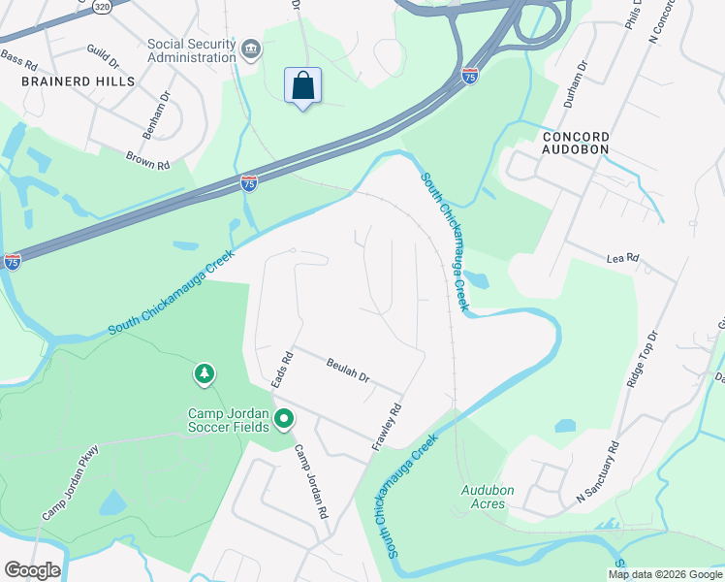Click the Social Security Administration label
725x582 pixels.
[192, 50]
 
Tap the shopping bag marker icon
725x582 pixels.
[302, 85]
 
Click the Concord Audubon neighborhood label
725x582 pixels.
[576, 144]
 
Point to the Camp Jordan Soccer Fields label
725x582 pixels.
[229, 420]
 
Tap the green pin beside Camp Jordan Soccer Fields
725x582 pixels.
[284, 419]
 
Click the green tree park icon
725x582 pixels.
[204, 372]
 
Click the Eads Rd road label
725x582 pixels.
[282, 371]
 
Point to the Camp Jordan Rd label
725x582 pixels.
[312, 481]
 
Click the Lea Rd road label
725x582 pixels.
[622, 258]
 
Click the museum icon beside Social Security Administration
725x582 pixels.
[250, 49]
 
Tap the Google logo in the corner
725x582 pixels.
[31, 570]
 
